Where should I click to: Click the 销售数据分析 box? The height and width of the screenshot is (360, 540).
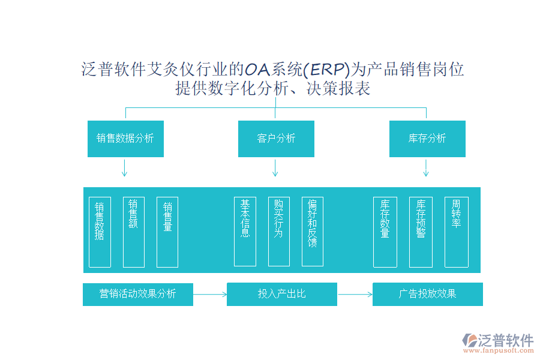click(125, 139)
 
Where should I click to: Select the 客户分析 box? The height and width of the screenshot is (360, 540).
click(276, 139)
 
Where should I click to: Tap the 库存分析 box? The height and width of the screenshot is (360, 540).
click(427, 139)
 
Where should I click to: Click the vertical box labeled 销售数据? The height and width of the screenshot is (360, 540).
click(100, 232)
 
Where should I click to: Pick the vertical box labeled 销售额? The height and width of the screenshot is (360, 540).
click(133, 232)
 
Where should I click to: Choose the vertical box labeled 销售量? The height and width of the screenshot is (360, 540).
click(167, 232)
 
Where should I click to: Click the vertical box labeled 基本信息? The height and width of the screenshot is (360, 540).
click(245, 232)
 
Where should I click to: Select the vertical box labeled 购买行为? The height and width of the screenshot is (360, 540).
click(278, 232)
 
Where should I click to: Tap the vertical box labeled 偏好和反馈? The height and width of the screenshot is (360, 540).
click(313, 232)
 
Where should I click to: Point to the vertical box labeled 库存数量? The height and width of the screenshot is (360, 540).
click(385, 232)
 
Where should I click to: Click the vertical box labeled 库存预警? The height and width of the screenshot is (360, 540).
click(421, 232)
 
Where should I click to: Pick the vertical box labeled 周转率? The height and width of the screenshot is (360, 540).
click(456, 232)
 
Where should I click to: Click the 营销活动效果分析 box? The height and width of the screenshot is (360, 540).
click(138, 294)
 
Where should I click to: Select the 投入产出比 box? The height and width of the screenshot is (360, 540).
click(282, 294)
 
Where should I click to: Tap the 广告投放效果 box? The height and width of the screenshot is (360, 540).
click(427, 294)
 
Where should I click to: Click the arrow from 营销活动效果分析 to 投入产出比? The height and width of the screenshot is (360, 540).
click(210, 294)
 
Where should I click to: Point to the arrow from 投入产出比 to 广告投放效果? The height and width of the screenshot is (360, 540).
click(355, 294)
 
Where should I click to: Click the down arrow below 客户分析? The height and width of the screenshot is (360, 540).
click(275, 168)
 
